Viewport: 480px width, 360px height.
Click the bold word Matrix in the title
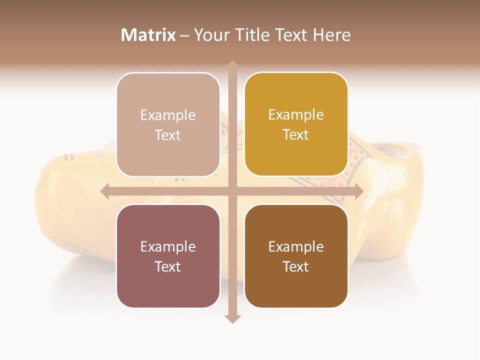coord(148,35)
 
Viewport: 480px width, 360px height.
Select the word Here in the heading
coord(331,35)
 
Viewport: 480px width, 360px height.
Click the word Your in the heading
coord(209,35)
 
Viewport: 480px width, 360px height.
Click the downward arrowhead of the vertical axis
coord(232,318)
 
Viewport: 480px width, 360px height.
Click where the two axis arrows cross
coord(232,191)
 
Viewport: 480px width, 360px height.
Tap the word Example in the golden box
coord(296,115)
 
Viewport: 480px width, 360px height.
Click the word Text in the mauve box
coord(168,266)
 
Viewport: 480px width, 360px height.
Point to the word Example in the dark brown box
coord(296,246)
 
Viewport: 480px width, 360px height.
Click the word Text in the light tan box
coord(168,135)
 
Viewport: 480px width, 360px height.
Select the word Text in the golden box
coord(296,135)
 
